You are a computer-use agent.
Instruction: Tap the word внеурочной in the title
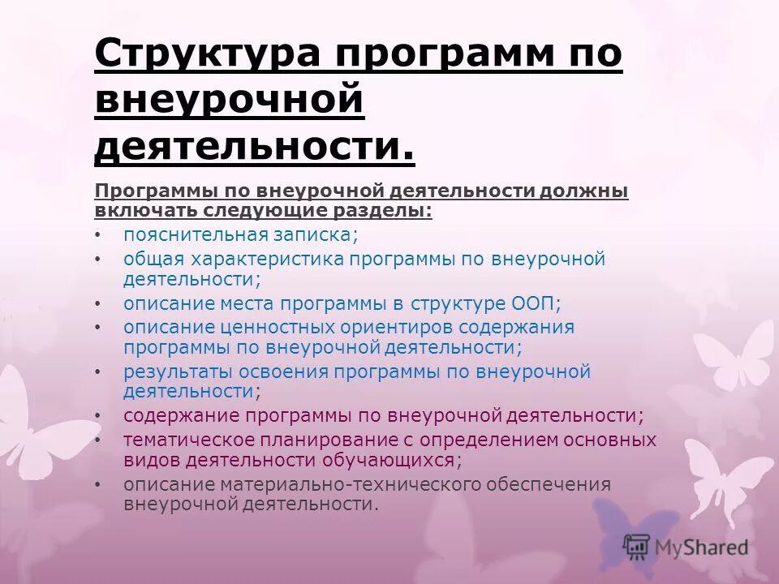pyautogui.click(x=230, y=102)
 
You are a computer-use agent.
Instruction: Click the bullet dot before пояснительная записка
pyautogui.click(x=97, y=235)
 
